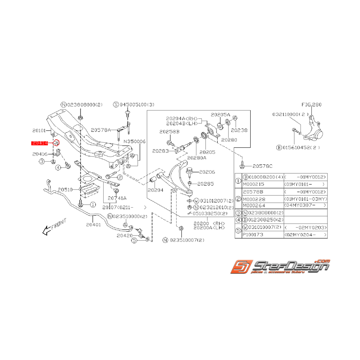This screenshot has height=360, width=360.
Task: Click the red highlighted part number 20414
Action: pos(40,143)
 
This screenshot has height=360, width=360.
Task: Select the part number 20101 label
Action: pos(40,131)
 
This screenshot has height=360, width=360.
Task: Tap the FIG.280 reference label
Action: pos(311,104)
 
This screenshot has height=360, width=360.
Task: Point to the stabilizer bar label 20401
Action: pos(93,224)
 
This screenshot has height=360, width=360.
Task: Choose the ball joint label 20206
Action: pos(207,172)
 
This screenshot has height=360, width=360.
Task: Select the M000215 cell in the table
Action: pos(254,184)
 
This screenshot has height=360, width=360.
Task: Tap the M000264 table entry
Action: pos(254,205)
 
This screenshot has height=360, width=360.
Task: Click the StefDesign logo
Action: pos(280,268)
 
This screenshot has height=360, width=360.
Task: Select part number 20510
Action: pos(65,190)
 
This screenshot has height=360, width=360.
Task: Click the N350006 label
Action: pos(135,142)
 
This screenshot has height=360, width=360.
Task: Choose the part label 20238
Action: pos(240,130)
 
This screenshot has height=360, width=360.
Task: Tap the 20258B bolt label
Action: pos(169,131)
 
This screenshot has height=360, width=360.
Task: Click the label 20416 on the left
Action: pos(40,154)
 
